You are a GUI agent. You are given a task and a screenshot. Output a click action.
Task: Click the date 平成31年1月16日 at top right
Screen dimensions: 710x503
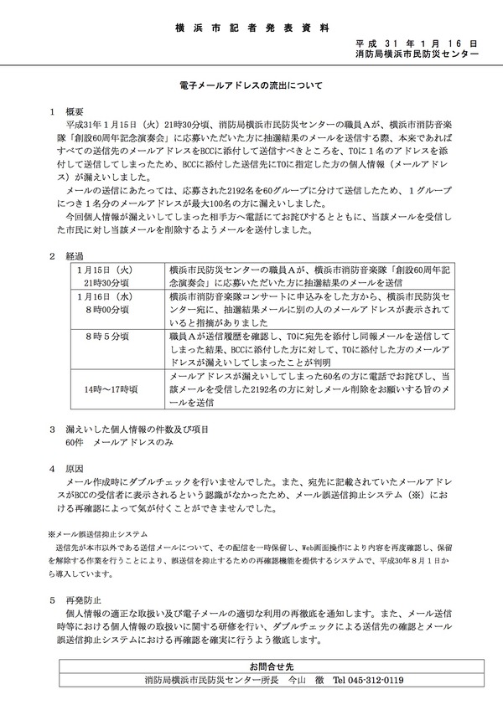pyautogui.click(x=416, y=42)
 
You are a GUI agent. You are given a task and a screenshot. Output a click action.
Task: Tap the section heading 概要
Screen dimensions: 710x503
pyautogui.click(x=75, y=110)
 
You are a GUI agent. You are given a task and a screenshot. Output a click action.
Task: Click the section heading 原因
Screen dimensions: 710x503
pyautogui.click(x=75, y=469)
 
